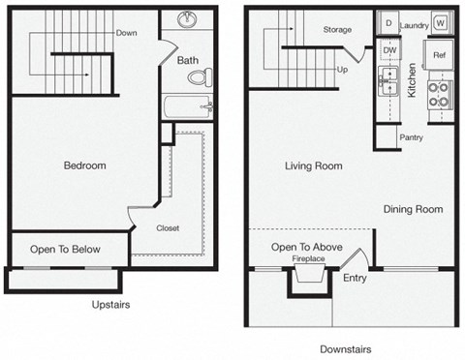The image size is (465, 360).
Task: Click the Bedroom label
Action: pos(84,165)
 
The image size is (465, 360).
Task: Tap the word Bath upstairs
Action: pos(188,60)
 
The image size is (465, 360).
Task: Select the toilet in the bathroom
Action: pos(200,78)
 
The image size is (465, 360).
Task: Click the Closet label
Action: pos(168,228)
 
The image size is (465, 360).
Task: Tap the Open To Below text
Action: pos(65,250)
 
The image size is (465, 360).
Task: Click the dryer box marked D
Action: pos(387,22)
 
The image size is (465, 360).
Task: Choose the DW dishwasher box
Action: pos(389,49)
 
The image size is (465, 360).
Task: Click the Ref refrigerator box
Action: pos(438,55)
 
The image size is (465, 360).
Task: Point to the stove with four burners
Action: pos(438,94)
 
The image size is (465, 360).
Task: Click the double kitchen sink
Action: pos(390,83)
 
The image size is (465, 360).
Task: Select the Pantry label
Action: pos(411,137)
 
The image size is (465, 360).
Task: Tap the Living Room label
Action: pos(313,166)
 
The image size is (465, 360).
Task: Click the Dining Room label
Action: pos(413,209)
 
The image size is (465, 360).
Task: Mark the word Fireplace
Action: pos(308,258)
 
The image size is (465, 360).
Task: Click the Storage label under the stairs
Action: pos(337,30)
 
